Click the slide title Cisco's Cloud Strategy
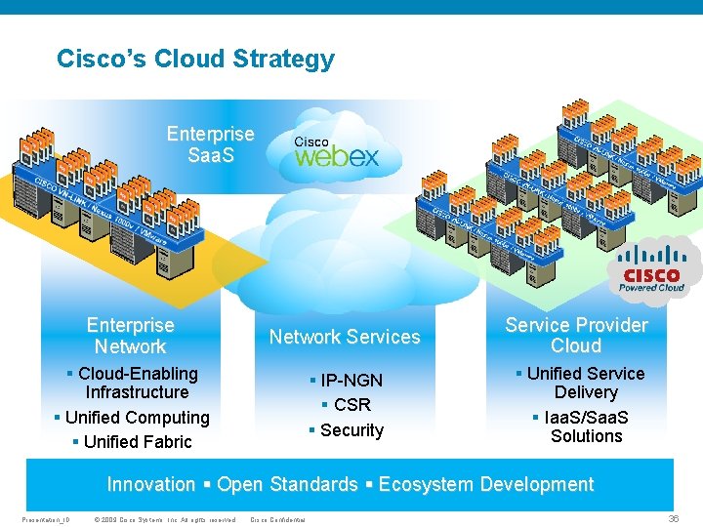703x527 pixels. (x=195, y=60)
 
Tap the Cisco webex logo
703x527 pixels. (x=336, y=153)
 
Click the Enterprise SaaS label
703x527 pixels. (x=210, y=143)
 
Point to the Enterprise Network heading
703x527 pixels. (x=130, y=336)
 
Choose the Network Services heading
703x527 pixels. (x=345, y=337)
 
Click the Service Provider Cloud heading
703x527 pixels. (x=576, y=336)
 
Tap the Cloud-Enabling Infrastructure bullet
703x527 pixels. (x=136, y=383)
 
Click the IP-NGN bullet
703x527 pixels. (x=347, y=381)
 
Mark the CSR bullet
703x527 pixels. (x=347, y=405)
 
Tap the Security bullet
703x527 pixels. (x=347, y=430)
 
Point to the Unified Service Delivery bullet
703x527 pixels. (x=586, y=383)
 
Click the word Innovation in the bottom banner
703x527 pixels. (x=151, y=485)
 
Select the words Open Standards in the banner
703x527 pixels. (x=287, y=485)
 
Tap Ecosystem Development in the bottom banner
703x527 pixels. (x=485, y=485)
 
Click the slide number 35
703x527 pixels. (x=673, y=518)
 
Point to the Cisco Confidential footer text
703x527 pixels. (x=278, y=519)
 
